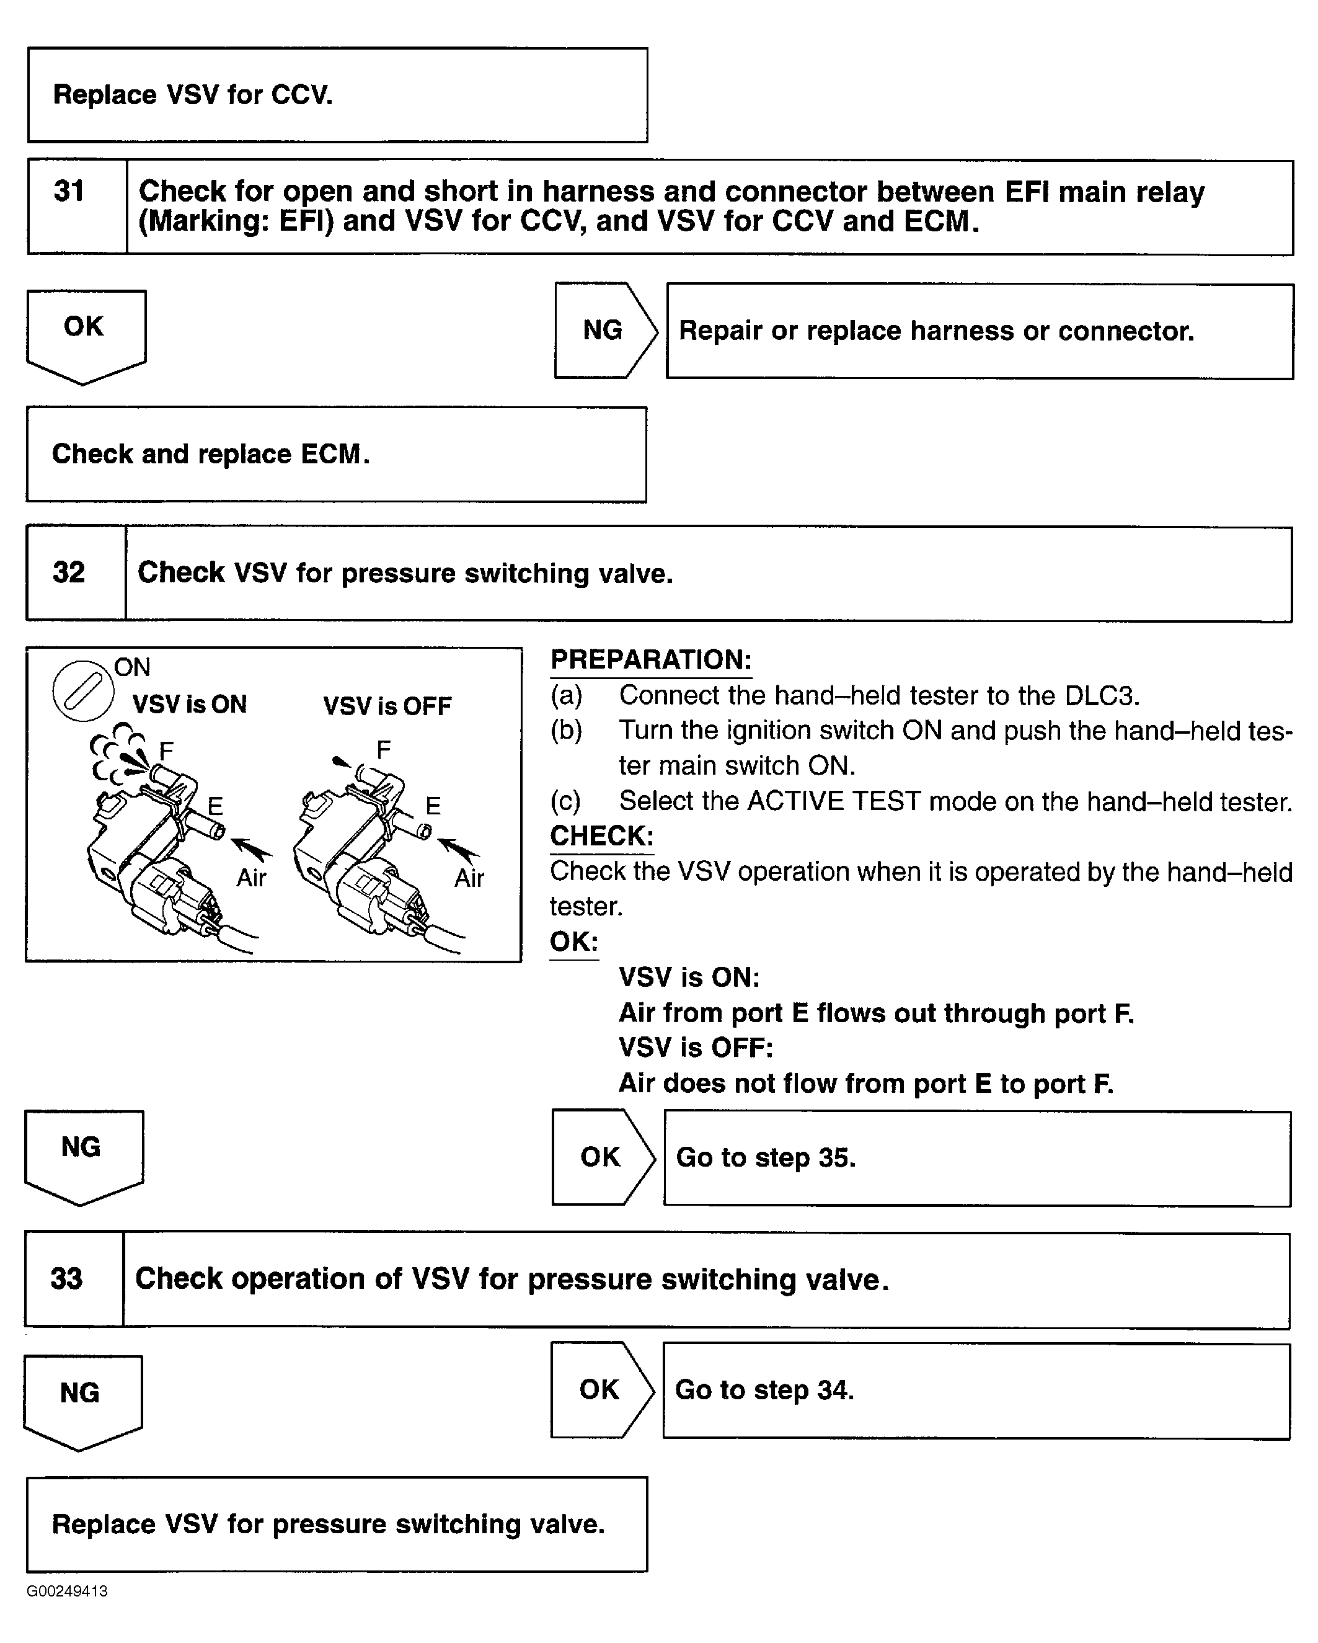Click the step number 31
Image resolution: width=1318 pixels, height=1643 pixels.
pyautogui.click(x=69, y=191)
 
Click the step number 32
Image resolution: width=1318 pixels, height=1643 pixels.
pyautogui.click(x=69, y=572)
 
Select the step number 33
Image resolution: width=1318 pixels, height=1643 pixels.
pyautogui.click(x=67, y=1278)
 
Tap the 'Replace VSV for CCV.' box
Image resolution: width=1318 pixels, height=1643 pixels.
pyautogui.click(x=337, y=96)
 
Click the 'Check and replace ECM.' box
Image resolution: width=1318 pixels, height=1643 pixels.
pyautogui.click(x=336, y=454)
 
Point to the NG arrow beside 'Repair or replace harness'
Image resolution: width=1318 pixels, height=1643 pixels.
pyautogui.click(x=604, y=330)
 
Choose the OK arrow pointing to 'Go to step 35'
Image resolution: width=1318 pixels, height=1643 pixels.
pyautogui.click(x=602, y=1157)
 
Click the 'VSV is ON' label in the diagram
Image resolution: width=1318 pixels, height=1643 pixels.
pyautogui.click(x=190, y=704)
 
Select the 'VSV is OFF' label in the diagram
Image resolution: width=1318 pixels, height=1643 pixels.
pyautogui.click(x=387, y=706)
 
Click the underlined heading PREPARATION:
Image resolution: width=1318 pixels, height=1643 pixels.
pyautogui.click(x=650, y=660)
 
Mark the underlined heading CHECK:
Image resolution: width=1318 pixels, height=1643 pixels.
pyautogui.click(x=601, y=836)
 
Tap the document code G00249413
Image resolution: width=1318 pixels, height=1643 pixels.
pyautogui.click(x=67, y=1591)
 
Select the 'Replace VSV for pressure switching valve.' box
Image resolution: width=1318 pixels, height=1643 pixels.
pyautogui.click(x=336, y=1524)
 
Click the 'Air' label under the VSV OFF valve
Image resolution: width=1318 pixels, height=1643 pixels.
pyautogui.click(x=469, y=878)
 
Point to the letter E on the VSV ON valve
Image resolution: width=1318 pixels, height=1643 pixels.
pyautogui.click(x=215, y=806)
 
